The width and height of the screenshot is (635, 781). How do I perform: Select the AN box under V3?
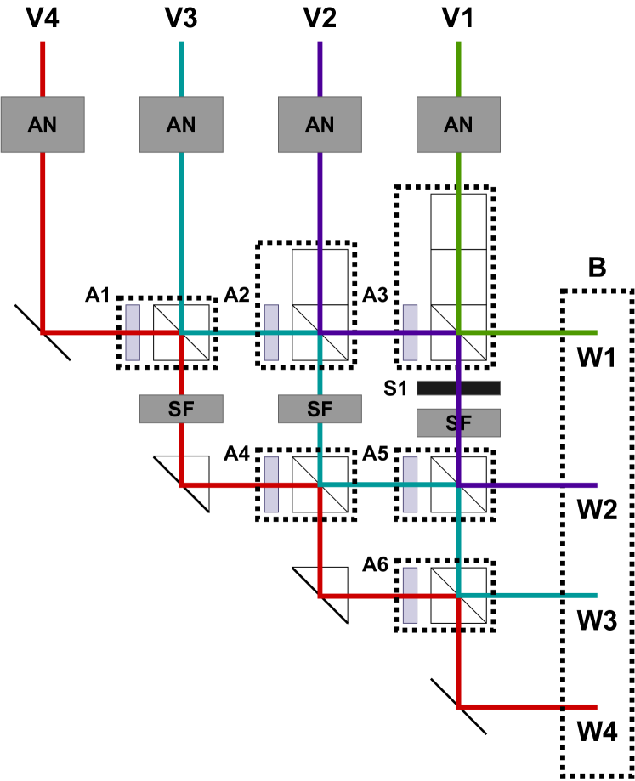(181, 124)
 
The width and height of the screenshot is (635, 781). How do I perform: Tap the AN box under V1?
(458, 124)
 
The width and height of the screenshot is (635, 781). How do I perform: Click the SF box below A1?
(181, 409)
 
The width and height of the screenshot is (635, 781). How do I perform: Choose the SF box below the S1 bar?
(458, 422)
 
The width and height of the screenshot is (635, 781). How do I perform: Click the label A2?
(237, 295)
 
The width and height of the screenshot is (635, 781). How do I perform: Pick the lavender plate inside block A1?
(133, 331)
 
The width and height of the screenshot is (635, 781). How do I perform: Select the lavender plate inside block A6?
(410, 595)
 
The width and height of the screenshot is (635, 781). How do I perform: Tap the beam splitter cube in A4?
(320, 484)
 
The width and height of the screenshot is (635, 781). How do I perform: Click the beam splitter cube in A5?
(458, 484)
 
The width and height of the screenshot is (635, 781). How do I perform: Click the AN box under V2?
(320, 124)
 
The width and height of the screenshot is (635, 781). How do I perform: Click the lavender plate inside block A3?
(410, 331)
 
